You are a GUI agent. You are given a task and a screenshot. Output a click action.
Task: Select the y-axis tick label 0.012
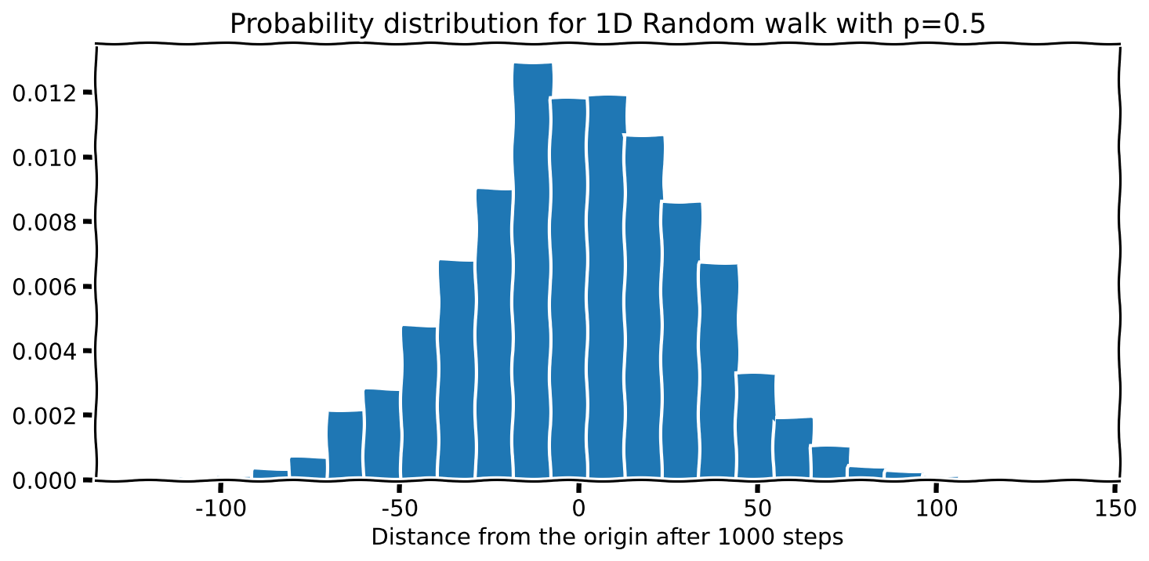(46, 94)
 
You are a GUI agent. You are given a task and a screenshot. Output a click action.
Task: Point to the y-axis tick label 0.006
(46, 288)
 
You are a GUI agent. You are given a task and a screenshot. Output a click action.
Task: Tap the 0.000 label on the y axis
(46, 480)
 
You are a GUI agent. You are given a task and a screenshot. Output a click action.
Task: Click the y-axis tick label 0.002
(46, 416)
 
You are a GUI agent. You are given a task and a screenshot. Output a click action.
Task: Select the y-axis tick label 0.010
(46, 158)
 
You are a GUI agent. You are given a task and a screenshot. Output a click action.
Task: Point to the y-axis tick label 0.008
(46, 223)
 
